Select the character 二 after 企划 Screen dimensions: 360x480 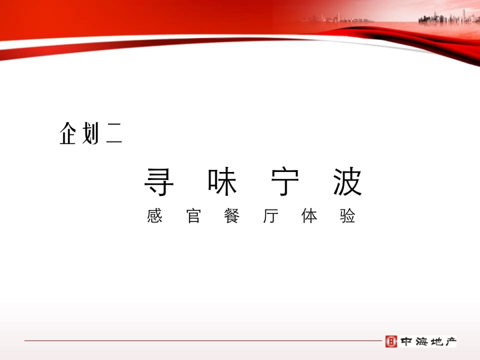tap(114, 134)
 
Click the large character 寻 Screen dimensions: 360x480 tap(159, 182)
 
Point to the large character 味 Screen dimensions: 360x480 tap(222, 182)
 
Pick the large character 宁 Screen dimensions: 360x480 tap(285, 182)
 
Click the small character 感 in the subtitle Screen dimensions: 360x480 tap(155, 216)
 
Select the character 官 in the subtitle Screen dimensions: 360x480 tap(194, 216)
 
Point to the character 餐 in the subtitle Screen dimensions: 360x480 tap(232, 216)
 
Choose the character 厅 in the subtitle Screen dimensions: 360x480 tap(271, 216)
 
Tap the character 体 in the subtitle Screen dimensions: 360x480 tap(309, 216)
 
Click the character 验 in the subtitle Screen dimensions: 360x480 tap(348, 216)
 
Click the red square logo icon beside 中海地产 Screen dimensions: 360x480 tap(391, 341)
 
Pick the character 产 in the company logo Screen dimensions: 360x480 tap(449, 342)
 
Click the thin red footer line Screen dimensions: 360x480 tap(200, 341)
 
